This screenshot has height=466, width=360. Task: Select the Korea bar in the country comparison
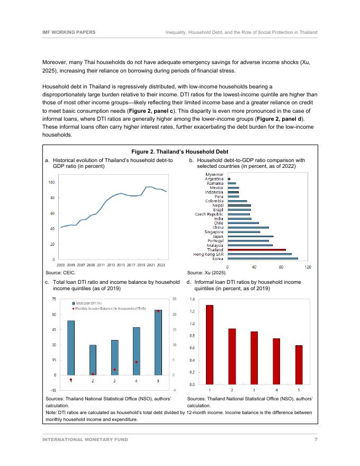(263, 258)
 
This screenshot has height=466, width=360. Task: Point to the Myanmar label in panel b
(214, 174)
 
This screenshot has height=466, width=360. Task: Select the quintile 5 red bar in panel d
(299, 364)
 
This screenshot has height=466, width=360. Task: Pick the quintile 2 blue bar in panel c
(93, 360)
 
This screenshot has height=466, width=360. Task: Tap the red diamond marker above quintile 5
(158, 311)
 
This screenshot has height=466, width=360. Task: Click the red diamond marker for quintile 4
(137, 362)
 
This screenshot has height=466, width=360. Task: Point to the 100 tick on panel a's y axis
(51, 183)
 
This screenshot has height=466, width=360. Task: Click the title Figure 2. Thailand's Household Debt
(179, 151)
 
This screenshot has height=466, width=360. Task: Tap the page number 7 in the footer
(316, 440)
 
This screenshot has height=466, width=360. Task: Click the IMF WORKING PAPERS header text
(69, 32)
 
